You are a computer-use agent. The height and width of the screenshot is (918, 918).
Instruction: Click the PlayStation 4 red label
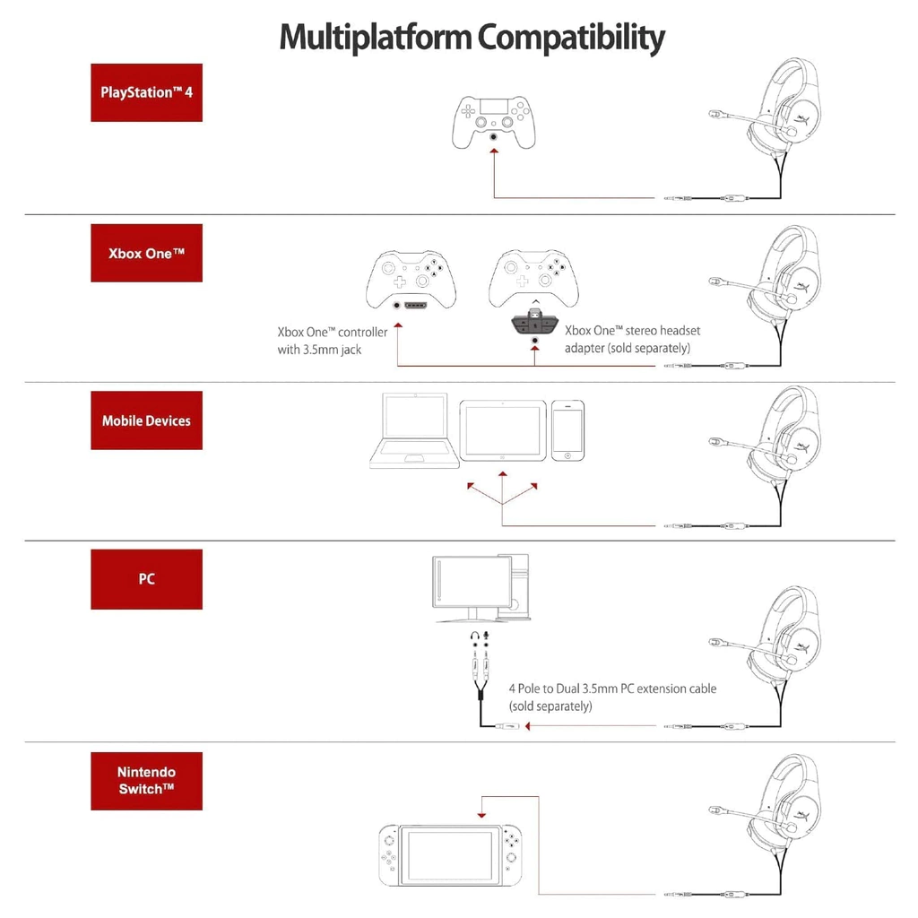[x=146, y=92]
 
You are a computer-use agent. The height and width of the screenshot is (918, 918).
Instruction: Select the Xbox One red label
[x=146, y=253]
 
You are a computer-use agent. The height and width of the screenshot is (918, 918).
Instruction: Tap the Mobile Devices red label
[x=146, y=420]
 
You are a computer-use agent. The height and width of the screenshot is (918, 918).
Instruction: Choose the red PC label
[x=146, y=579]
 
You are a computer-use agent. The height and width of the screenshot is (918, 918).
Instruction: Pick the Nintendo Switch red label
[x=146, y=781]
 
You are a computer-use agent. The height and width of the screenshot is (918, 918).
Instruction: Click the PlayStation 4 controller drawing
[x=493, y=123]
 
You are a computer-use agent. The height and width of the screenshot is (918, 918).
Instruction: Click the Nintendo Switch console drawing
[x=451, y=854]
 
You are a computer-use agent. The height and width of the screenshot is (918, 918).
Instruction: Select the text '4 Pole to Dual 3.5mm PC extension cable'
[x=612, y=688]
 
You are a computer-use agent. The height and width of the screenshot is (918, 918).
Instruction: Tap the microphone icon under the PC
[x=487, y=636]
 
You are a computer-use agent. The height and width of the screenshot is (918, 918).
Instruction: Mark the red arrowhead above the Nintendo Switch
[x=482, y=815]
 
